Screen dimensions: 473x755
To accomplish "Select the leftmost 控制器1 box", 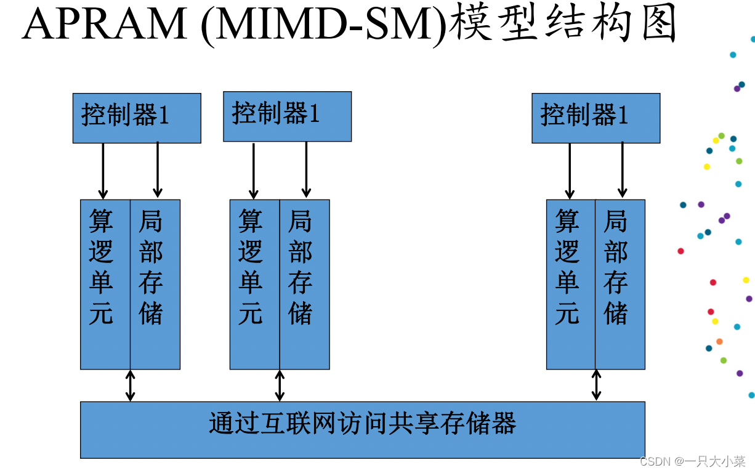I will pos(137,118).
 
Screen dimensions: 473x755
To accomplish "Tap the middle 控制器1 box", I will pos(287,116).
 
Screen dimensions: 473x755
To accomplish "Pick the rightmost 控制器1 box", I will pos(596,118).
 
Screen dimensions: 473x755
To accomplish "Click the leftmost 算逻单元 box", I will pos(105,284).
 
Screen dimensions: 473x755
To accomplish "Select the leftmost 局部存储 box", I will pos(155,284).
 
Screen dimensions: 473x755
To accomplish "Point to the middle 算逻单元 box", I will pos(254,284).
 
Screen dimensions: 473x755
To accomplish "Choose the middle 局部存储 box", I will pos(305,284).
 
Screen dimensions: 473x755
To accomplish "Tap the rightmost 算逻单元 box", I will pos(571,284).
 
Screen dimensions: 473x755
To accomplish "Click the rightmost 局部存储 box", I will pos(620,284).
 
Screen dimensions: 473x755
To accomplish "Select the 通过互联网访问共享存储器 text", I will pos(362,424).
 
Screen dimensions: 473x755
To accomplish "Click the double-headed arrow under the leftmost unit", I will pos(130,386).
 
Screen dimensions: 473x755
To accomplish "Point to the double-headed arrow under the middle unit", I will pos(280,386).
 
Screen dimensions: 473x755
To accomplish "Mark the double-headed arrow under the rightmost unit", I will pos(596,386).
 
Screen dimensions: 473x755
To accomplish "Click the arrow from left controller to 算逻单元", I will pos(103,171).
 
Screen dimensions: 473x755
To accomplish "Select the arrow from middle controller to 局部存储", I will pos(306,169).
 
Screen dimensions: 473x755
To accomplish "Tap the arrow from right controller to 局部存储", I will pos(623,169).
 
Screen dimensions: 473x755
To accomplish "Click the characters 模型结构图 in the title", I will pos(563,25).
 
